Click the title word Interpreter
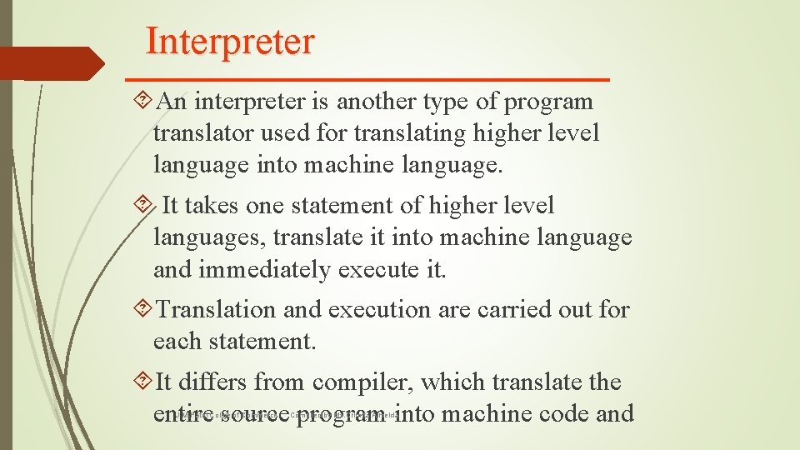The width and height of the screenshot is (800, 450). (230, 41)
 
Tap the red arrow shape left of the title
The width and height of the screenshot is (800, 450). (52, 63)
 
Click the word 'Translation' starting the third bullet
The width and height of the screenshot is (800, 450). (216, 310)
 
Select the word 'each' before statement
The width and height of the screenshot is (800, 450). (176, 341)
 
